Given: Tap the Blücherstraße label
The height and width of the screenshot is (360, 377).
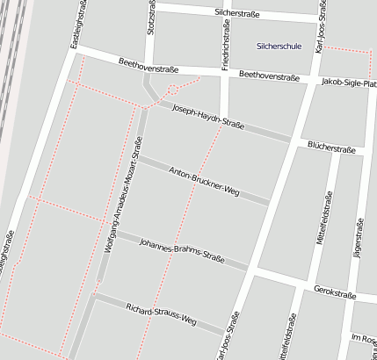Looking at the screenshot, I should point(331,148).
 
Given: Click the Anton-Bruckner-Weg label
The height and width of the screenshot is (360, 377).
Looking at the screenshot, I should point(204,179).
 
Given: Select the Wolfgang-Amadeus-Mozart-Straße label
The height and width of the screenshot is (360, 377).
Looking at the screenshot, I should point(123,195).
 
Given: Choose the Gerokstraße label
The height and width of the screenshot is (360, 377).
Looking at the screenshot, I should point(335,295).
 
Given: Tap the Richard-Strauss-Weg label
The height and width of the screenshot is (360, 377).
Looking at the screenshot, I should point(161,314).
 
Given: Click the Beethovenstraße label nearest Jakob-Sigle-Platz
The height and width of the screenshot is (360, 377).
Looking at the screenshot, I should point(270,77).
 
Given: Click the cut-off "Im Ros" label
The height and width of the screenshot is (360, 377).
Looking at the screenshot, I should point(363,338).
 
